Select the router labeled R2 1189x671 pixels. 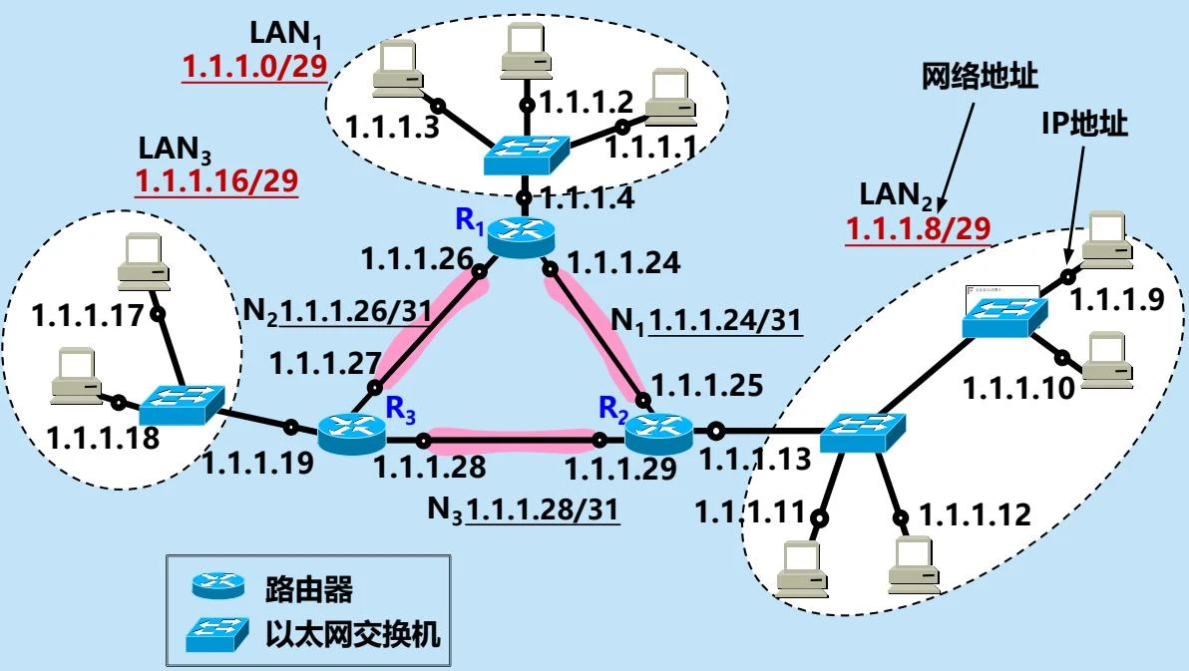[659, 431]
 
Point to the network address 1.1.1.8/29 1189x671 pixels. [918, 229]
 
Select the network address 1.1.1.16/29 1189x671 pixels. [216, 180]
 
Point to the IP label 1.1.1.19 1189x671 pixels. [258, 462]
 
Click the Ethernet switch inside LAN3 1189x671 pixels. [181, 405]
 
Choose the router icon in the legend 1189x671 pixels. [217, 588]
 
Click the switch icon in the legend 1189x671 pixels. [217, 632]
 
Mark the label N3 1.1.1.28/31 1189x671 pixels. [523, 509]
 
